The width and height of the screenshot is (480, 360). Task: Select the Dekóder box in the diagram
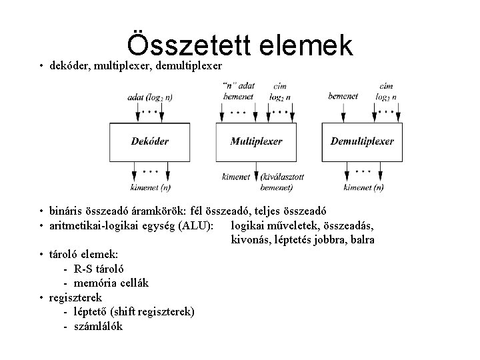pyautogui.click(x=149, y=141)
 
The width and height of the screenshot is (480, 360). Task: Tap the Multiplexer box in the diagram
pyautogui.click(x=256, y=141)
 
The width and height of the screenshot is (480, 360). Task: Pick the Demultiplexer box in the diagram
pyautogui.click(x=362, y=141)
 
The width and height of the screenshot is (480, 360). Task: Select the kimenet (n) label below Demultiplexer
pyautogui.click(x=363, y=187)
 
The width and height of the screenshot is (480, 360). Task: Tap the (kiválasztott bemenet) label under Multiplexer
pyautogui.click(x=284, y=182)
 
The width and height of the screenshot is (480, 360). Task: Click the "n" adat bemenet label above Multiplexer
pyautogui.click(x=237, y=91)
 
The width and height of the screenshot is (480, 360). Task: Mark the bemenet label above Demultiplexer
pyautogui.click(x=343, y=96)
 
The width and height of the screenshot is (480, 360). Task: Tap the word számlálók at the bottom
pyautogui.click(x=98, y=326)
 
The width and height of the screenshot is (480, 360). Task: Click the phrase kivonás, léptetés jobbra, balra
pyautogui.click(x=303, y=239)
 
